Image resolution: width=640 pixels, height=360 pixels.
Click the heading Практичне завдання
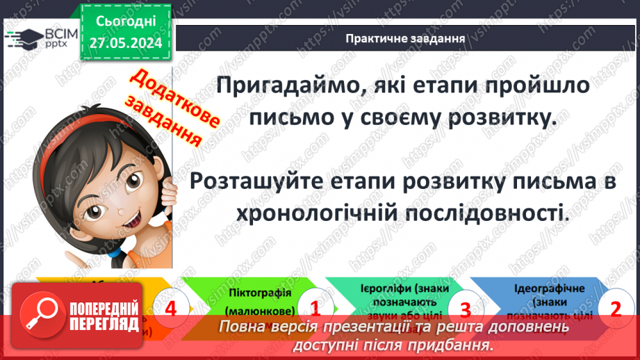pyautogui.click(x=405, y=38)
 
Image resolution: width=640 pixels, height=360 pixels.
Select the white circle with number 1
pyautogui.click(x=314, y=308)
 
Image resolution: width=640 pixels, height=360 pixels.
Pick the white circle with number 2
pyautogui.click(x=614, y=308)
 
